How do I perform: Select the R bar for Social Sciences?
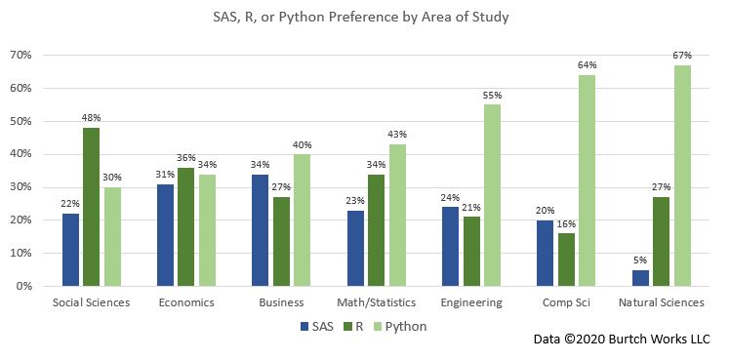coord(91,207)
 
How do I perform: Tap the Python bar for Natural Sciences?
coord(683,176)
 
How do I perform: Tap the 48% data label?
coord(91,119)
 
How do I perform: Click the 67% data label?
coord(683,57)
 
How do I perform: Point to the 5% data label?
coord(639,260)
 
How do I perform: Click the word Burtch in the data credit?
coord(623,341)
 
